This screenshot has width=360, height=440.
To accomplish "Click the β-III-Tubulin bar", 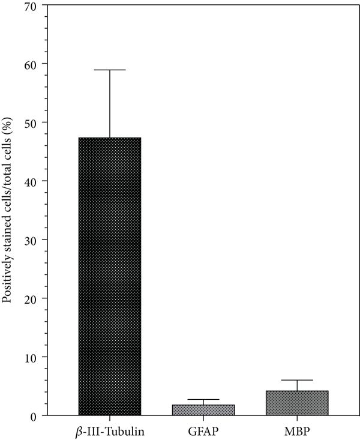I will click(x=110, y=276).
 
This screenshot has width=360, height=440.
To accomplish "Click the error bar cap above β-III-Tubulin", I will click(x=110, y=70).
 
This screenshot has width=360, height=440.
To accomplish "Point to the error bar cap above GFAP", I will click(x=203, y=400).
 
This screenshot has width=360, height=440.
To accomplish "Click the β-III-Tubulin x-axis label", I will click(x=110, y=432).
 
